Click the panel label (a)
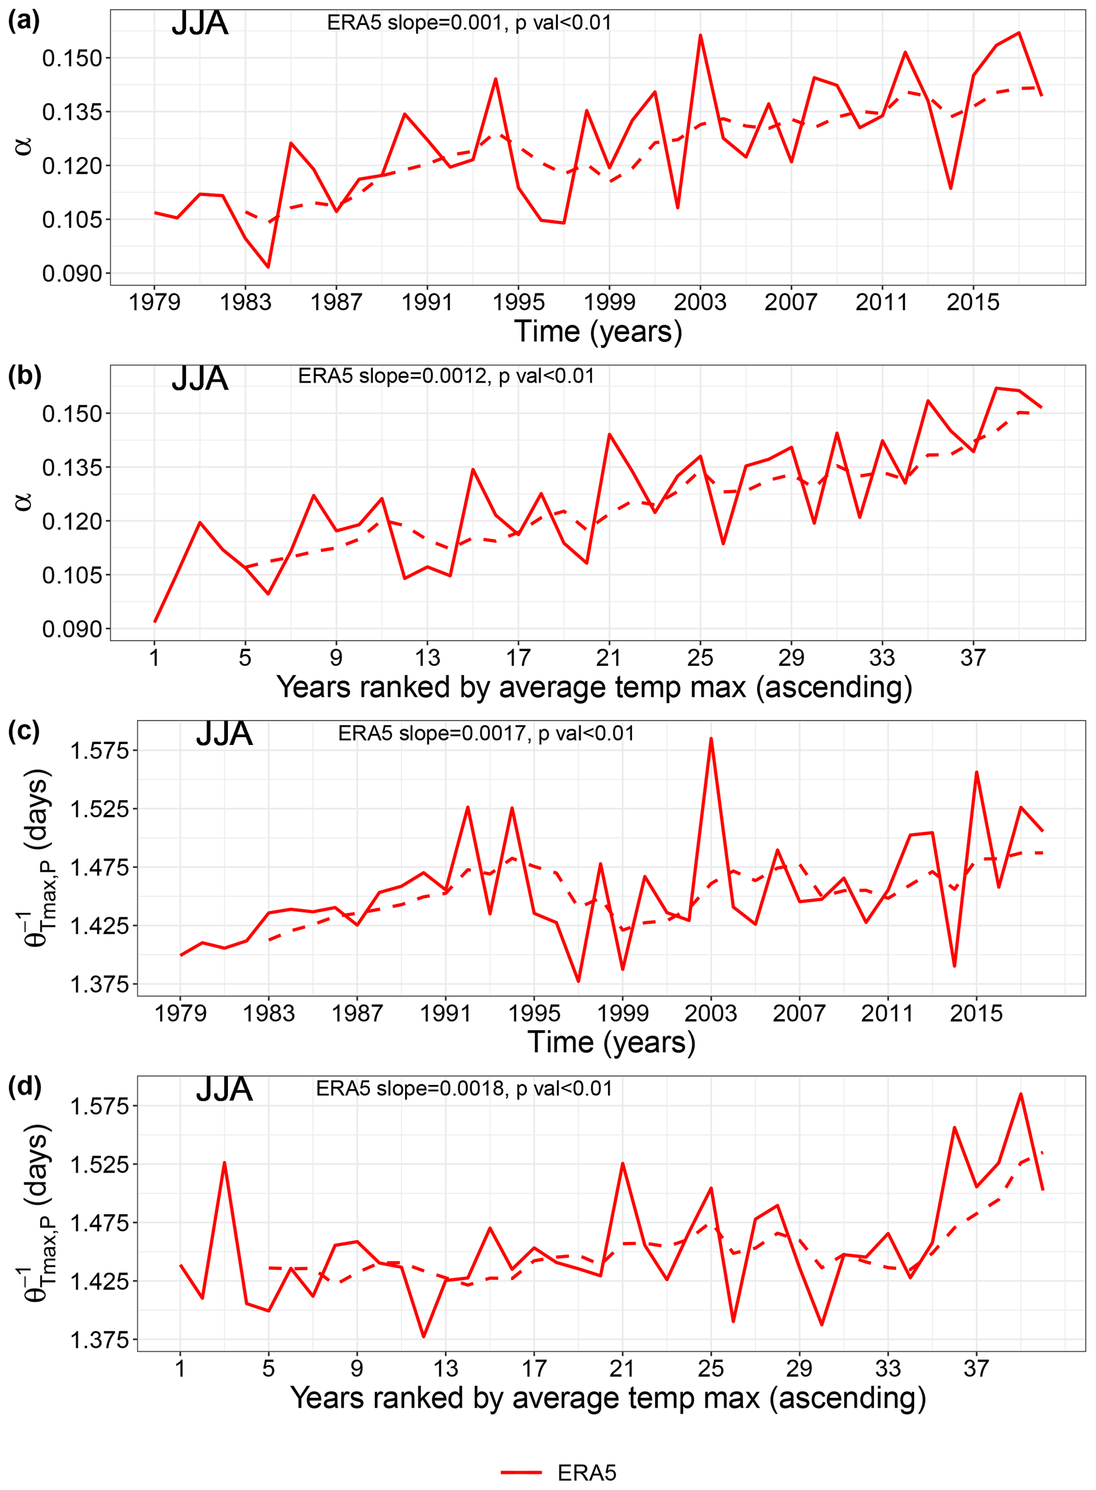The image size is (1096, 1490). click(24, 22)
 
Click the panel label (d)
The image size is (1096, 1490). click(24, 1086)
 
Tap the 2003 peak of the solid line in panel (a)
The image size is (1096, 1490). click(700, 35)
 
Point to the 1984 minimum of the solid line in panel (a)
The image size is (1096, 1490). click(268, 267)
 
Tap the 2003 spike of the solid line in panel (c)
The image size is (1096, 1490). click(711, 738)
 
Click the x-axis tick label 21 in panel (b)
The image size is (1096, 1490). click(609, 658)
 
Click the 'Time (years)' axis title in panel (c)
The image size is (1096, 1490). click(611, 1042)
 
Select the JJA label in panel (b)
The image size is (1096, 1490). click(200, 379)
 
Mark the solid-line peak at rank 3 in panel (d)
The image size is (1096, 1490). click(224, 1163)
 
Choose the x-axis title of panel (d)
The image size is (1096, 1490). click(608, 1398)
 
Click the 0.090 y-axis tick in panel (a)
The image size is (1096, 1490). click(72, 273)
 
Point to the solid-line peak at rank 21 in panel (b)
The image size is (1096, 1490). click(609, 434)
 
